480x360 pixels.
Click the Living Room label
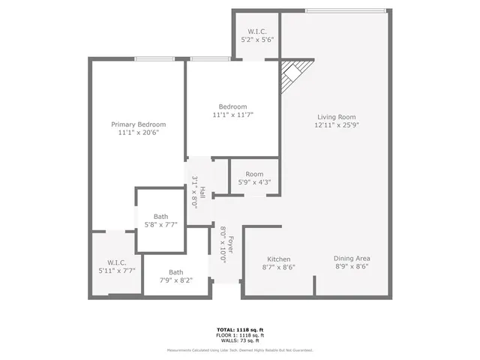(336, 116)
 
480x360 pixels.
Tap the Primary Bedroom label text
(139, 124)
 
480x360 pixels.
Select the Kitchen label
(278, 258)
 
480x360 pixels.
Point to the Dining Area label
(351, 258)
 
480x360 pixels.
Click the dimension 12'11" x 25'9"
(336, 125)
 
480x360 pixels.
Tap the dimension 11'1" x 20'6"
(139, 133)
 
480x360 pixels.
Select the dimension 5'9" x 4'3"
(254, 182)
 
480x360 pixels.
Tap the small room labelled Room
(254, 174)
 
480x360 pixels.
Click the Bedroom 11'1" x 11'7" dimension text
(232, 115)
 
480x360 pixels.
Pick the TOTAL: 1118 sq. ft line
(240, 329)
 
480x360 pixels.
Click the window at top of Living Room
(346, 10)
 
